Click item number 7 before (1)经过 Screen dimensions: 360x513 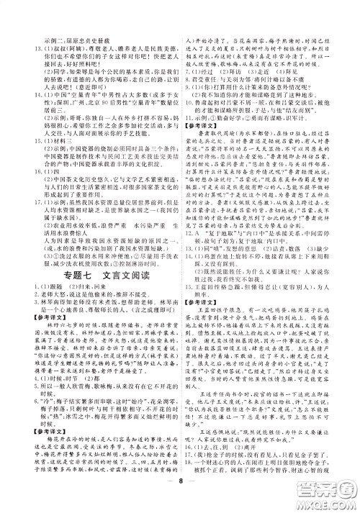click(x=188, y=71)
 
